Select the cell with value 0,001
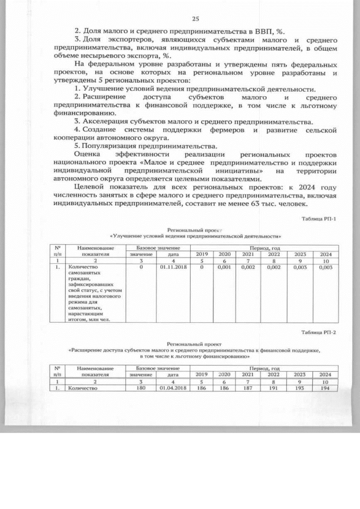(x=224, y=268)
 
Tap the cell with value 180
(x=141, y=388)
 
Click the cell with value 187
(x=248, y=388)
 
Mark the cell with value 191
(x=273, y=388)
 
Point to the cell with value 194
(x=325, y=388)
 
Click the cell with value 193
(x=299, y=388)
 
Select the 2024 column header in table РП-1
(x=325, y=254)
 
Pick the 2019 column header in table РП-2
(x=201, y=374)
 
